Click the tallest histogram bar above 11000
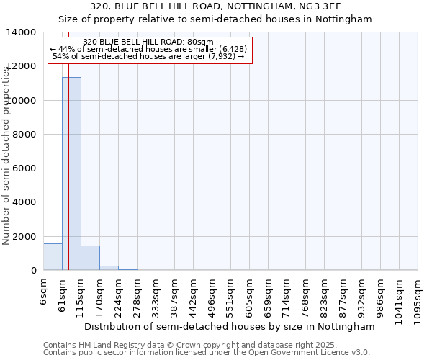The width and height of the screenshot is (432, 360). click(x=71, y=173)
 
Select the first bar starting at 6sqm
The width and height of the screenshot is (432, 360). click(x=53, y=257)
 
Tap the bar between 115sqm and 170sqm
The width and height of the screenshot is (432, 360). click(x=90, y=258)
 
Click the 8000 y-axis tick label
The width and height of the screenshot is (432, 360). click(x=24, y=135)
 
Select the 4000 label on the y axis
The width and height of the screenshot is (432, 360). click(x=24, y=202)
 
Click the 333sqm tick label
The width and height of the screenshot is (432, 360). click(x=156, y=295)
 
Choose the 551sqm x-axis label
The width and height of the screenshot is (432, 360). click(x=230, y=295)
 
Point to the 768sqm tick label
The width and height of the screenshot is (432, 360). click(x=305, y=295)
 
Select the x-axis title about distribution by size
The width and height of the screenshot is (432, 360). click(x=230, y=326)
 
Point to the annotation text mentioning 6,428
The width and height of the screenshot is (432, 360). click(x=149, y=49)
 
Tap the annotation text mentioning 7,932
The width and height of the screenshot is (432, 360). click(x=149, y=56)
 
